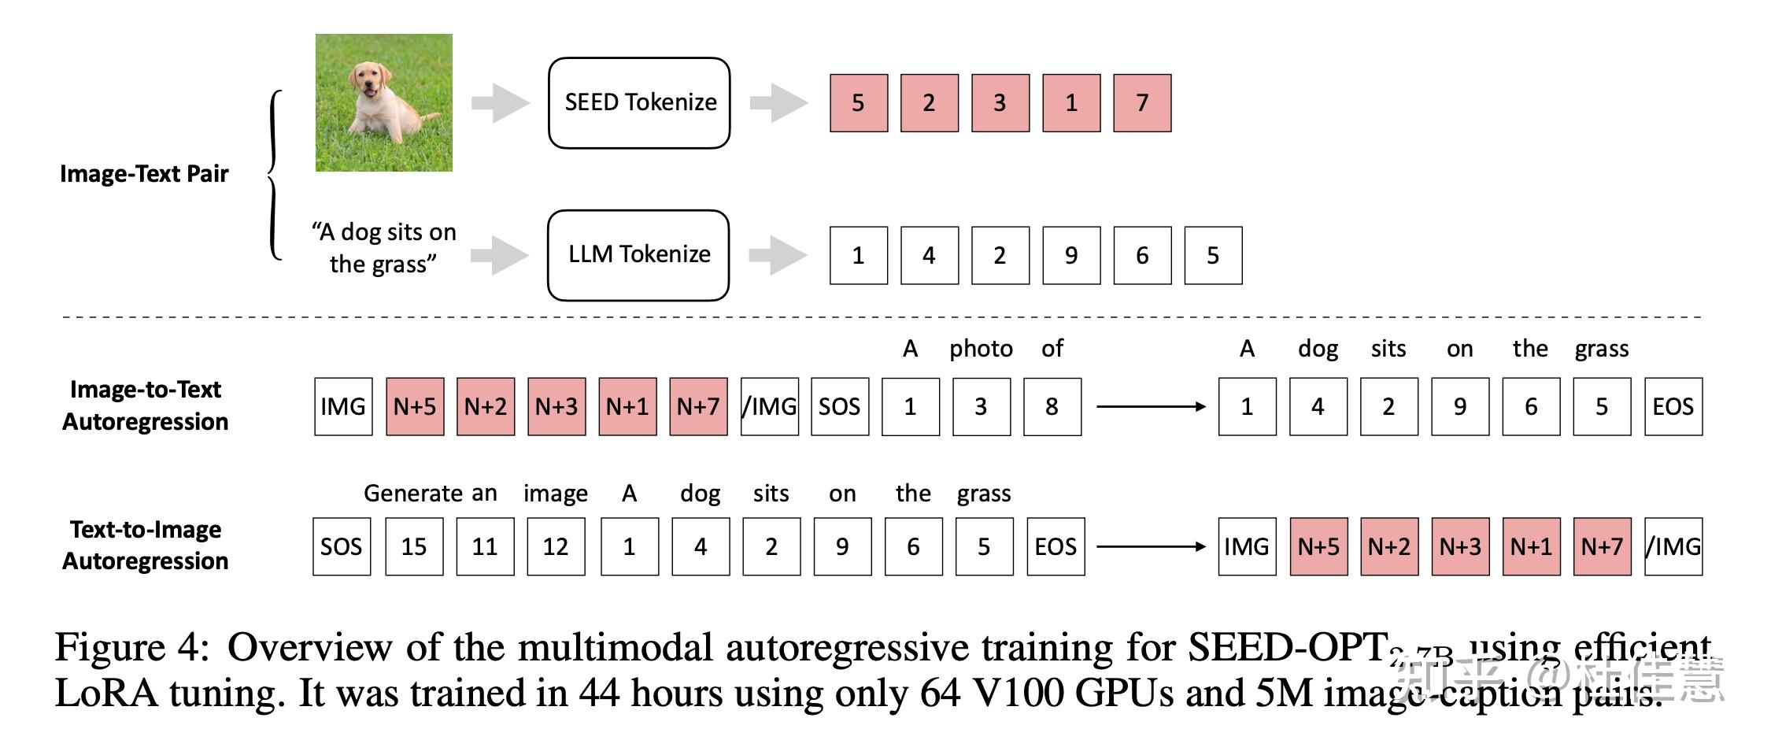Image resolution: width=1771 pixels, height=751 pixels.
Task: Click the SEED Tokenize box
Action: click(x=639, y=102)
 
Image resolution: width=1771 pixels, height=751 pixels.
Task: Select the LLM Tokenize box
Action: click(x=638, y=255)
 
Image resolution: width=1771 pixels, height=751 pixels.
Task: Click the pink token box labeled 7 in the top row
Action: click(x=1142, y=103)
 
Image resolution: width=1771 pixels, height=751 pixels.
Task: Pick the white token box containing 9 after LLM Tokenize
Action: click(x=1071, y=256)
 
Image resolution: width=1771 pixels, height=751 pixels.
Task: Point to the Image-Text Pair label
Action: click(x=144, y=174)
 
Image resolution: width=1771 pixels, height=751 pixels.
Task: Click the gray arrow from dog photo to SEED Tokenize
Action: click(x=501, y=102)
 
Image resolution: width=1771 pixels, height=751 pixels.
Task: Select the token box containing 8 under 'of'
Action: click(x=1052, y=407)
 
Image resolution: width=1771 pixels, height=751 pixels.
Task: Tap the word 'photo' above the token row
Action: click(x=981, y=349)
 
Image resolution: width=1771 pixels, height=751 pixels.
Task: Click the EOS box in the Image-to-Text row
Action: click(x=1673, y=407)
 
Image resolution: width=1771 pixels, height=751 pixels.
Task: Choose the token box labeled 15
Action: click(x=414, y=547)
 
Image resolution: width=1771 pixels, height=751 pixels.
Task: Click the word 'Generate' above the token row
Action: click(x=415, y=494)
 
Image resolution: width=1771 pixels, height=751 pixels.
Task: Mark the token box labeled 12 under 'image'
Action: click(x=556, y=547)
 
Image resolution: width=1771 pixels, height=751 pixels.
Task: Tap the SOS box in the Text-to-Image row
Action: click(x=342, y=547)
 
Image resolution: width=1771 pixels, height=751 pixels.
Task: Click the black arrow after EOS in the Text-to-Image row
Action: click(x=1151, y=546)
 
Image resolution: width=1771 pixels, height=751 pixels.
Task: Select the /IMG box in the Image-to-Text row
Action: click(x=770, y=407)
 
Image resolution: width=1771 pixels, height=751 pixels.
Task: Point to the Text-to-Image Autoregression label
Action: click(x=146, y=546)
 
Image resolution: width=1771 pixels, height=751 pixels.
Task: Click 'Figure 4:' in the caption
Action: click(x=132, y=648)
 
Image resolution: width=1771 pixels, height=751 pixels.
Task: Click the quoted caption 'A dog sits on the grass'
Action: click(x=384, y=248)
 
